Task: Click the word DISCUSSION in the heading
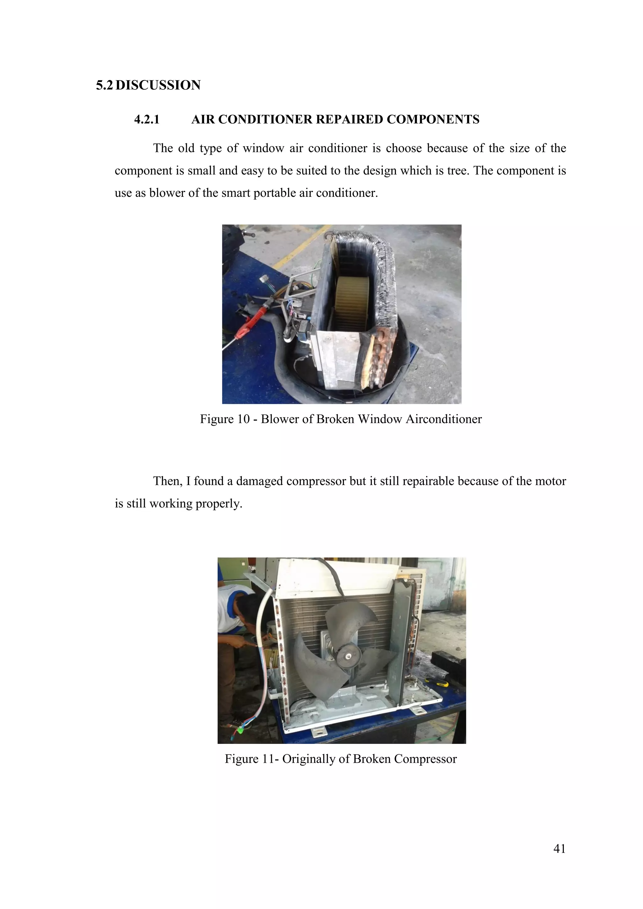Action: tap(158, 85)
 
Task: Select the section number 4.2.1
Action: tap(147, 120)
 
